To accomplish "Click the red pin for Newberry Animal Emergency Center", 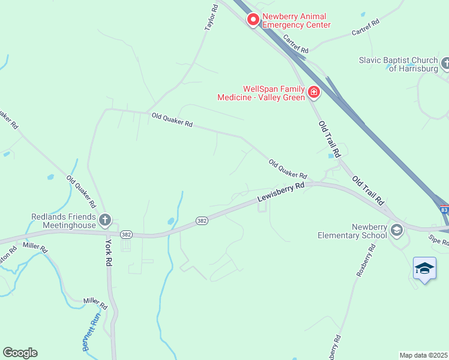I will (253, 20).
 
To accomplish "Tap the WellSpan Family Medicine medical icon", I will (313, 92).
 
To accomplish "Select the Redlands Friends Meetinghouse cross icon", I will (105, 220).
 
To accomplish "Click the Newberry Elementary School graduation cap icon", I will (396, 229).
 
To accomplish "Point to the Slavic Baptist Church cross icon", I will (445, 62).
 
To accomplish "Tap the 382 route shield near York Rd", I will (125, 234).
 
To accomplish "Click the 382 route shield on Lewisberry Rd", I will (202, 221).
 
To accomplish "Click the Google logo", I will (20, 353).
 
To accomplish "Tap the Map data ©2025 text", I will (424, 355).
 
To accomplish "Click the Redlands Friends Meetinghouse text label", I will (64, 221).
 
